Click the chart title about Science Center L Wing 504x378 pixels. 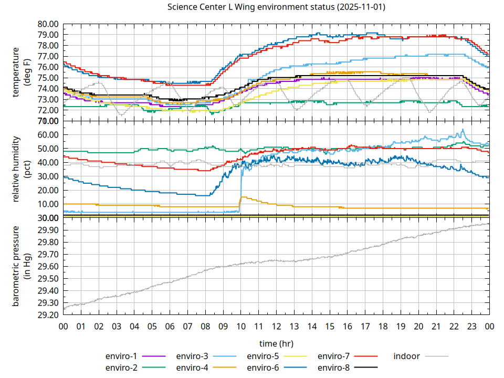[x=276, y=7]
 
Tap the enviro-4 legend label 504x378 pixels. [x=193, y=367]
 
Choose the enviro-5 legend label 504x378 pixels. [x=264, y=356]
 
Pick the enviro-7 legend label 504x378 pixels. [x=334, y=356]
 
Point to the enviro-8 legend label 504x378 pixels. [x=334, y=367]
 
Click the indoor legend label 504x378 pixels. [x=407, y=356]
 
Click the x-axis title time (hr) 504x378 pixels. [x=276, y=343]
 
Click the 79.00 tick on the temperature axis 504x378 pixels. [x=48, y=35]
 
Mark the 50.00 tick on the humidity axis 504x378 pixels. [x=48, y=149]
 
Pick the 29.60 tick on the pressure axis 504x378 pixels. [x=48, y=267]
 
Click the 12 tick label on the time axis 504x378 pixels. [x=277, y=326]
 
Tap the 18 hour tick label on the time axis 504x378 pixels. [x=383, y=326]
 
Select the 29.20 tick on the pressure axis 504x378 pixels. [x=48, y=315]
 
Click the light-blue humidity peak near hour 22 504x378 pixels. [x=463, y=129]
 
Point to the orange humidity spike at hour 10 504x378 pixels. [x=241, y=197]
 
